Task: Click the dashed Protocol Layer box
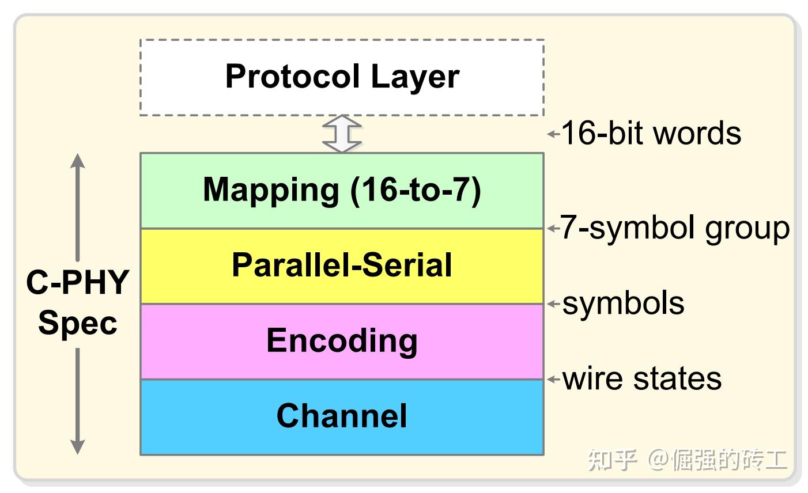tap(342, 77)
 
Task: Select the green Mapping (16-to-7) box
tap(342, 190)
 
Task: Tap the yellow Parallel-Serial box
tap(342, 266)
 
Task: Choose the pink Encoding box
tap(342, 341)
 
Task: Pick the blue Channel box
tap(342, 416)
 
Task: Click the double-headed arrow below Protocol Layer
tap(342, 134)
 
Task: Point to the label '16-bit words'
tap(651, 133)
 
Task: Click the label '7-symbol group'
tap(675, 228)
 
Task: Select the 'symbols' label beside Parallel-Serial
tap(623, 303)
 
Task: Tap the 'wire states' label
tap(641, 378)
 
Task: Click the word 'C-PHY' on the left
tap(77, 282)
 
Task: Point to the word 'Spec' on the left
tap(77, 323)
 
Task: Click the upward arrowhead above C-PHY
tap(77, 161)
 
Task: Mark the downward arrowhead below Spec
tap(77, 447)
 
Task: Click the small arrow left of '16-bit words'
tap(553, 134)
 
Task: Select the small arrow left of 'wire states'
tap(553, 379)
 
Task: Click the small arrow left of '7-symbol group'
tap(553, 229)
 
